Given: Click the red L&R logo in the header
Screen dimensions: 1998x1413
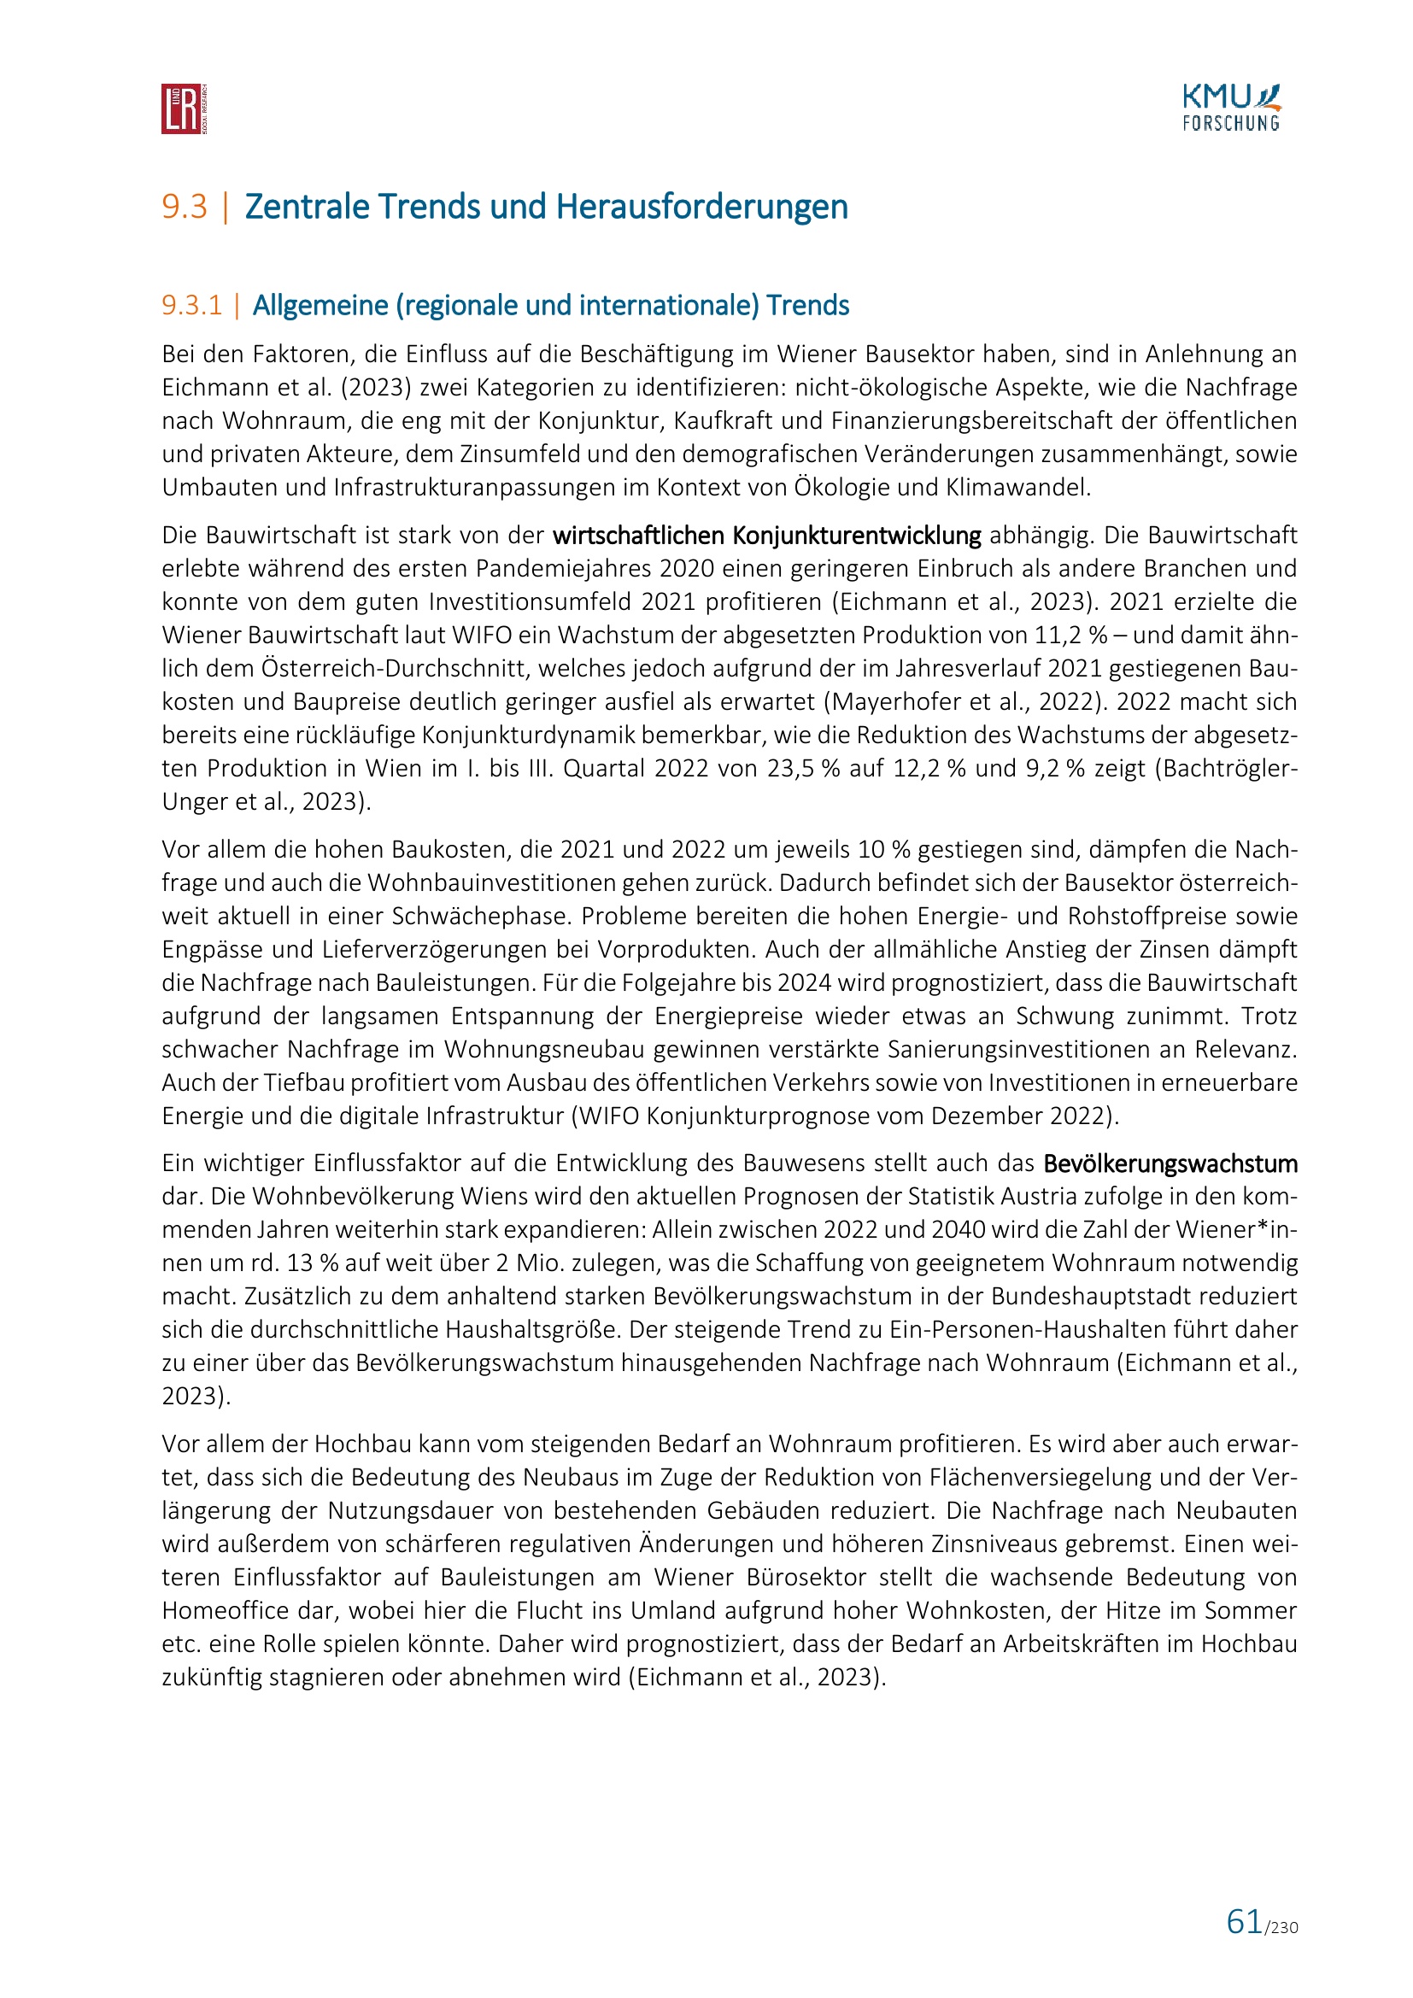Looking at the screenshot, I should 184,108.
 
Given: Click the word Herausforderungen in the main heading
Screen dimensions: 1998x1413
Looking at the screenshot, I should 701,207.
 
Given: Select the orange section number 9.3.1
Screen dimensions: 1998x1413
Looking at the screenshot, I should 192,306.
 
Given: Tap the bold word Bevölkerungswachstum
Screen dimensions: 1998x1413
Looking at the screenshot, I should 1170,1163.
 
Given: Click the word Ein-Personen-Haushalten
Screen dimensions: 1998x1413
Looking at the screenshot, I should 1038,1330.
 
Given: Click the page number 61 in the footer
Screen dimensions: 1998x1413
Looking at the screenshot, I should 1244,1921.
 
